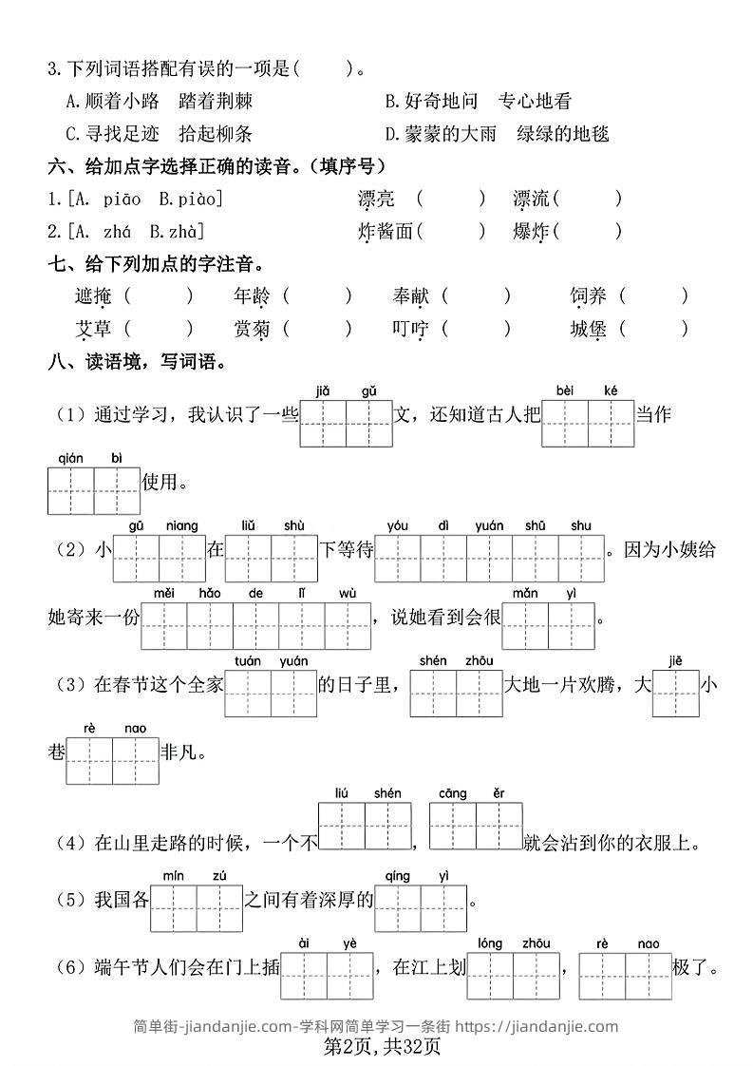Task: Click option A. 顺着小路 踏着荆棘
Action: [x=159, y=101]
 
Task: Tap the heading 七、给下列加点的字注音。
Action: [x=156, y=264]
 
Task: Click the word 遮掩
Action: [x=93, y=296]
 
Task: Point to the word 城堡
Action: [x=588, y=329]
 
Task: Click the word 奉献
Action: [x=410, y=296]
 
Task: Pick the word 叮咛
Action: [x=410, y=329]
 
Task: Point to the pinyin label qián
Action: [x=71, y=458]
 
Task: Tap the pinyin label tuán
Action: [x=248, y=661]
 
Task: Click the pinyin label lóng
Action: [x=490, y=943]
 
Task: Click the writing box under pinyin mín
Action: [x=174, y=908]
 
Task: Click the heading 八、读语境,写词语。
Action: [x=137, y=362]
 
